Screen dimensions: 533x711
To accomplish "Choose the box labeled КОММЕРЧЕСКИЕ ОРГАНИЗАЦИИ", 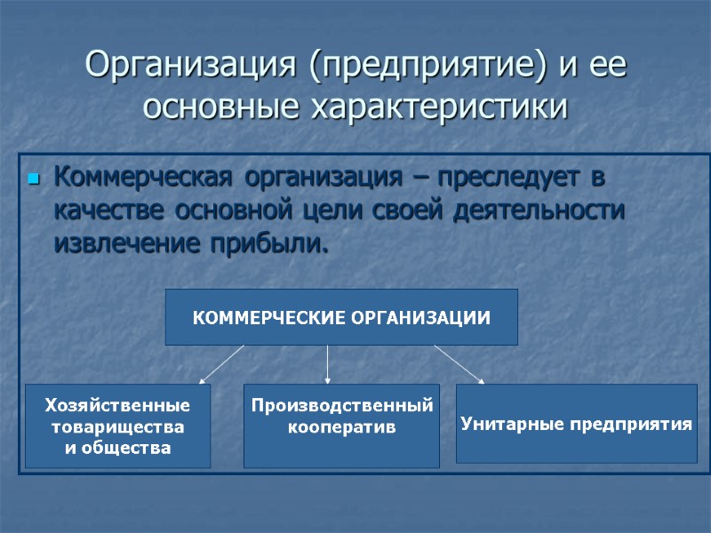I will [341, 317].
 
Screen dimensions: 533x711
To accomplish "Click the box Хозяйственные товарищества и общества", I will [117, 426].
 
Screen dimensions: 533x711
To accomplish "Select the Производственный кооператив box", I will [341, 426].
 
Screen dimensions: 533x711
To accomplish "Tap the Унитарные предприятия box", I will [576, 424].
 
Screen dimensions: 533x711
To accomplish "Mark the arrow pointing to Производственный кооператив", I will [328, 365].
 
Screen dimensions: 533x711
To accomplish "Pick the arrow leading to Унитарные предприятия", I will [459, 364].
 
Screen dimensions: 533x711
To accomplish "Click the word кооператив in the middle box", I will [341, 427].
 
